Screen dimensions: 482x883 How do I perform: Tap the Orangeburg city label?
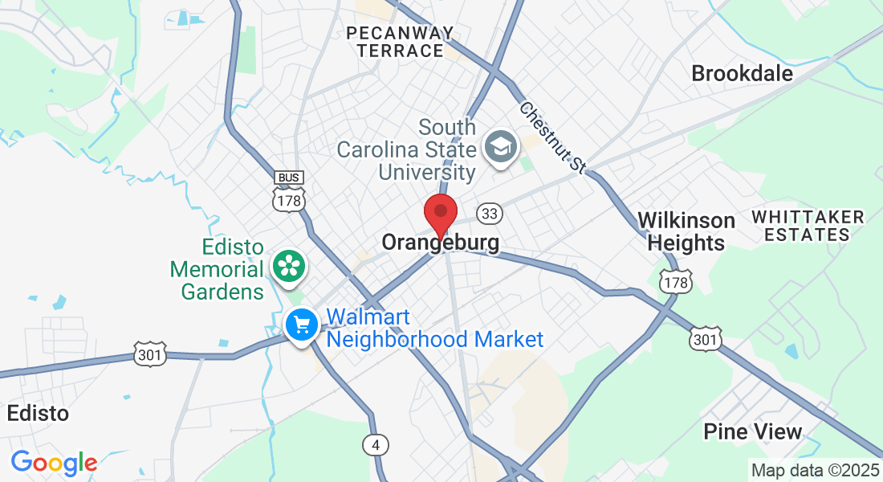[440, 242]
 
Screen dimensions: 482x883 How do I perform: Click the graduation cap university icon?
[501, 148]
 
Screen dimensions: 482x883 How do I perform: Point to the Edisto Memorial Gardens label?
[217, 269]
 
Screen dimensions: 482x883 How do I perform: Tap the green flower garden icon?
[287, 266]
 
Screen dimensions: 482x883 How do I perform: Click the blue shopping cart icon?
[302, 325]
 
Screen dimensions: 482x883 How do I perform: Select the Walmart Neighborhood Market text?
[435, 328]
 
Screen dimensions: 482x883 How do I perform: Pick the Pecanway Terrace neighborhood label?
[400, 42]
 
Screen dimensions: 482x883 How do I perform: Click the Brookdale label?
[742, 74]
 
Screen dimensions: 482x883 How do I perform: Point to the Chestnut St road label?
[552, 137]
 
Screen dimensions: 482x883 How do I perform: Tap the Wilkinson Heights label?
[686, 231]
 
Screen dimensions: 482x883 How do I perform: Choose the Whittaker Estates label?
[808, 226]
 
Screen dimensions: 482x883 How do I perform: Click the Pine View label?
[752, 431]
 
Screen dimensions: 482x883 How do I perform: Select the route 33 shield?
[490, 214]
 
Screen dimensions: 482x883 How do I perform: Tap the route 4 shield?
[375, 443]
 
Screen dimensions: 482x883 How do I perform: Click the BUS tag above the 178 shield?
[288, 177]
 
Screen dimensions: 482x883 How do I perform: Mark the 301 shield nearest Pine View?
[705, 339]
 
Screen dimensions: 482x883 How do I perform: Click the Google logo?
[54, 463]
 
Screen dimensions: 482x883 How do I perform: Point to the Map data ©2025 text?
[814, 470]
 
